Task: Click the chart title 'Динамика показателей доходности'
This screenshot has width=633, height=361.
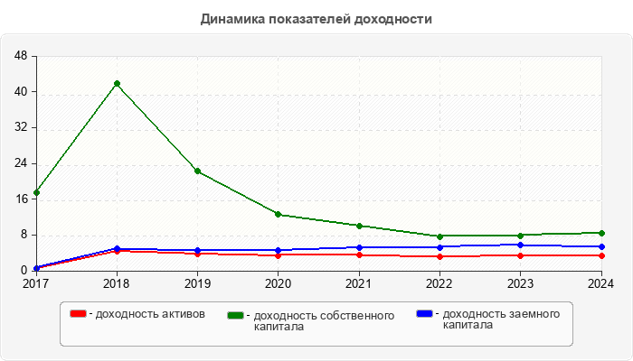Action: pyautogui.click(x=316, y=19)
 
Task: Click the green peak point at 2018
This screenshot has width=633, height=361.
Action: pyautogui.click(x=117, y=84)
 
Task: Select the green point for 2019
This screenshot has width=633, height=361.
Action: pyautogui.click(x=197, y=171)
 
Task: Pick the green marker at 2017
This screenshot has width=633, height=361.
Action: pyautogui.click(x=36, y=192)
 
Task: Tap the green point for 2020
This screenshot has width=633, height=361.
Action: pyautogui.click(x=278, y=214)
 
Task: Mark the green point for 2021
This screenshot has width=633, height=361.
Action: pyautogui.click(x=359, y=226)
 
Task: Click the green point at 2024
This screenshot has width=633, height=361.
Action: pyautogui.click(x=600, y=233)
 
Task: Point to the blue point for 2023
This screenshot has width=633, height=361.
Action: pyautogui.click(x=520, y=245)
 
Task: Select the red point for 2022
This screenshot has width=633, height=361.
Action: pyautogui.click(x=439, y=256)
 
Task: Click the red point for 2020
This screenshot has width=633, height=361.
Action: pyautogui.click(x=278, y=255)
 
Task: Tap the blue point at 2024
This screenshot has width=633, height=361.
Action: pyautogui.click(x=600, y=246)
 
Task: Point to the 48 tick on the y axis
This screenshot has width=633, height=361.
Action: pyautogui.click(x=21, y=56)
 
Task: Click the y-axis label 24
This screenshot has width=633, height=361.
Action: pyautogui.click(x=21, y=163)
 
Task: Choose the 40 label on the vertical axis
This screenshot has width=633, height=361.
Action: pyautogui.click(x=21, y=92)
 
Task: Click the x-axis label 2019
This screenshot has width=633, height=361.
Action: pyautogui.click(x=197, y=283)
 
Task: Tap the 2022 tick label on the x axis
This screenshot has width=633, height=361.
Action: pyautogui.click(x=439, y=283)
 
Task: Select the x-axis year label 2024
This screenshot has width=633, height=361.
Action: pyautogui.click(x=600, y=283)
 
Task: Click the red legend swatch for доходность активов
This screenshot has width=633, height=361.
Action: pyautogui.click(x=79, y=313)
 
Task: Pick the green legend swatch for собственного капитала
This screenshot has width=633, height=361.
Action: pyautogui.click(x=237, y=315)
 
